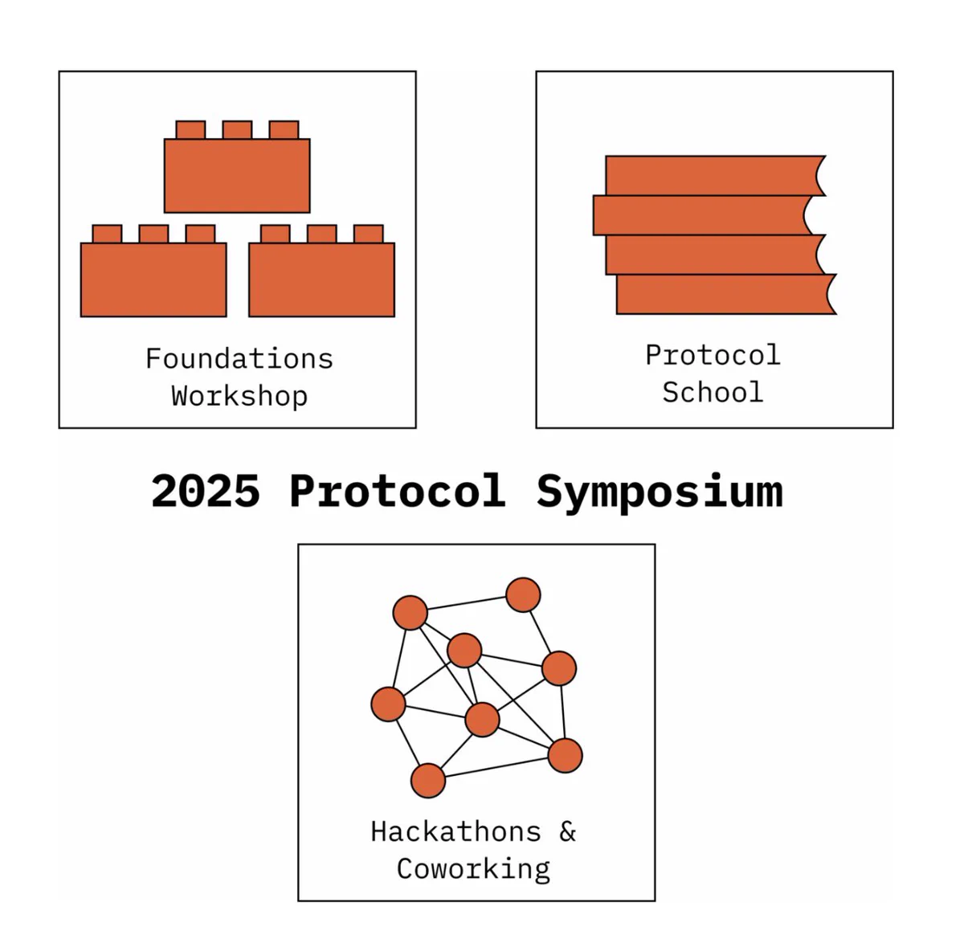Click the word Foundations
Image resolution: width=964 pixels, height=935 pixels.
239,359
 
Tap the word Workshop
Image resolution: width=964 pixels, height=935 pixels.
239,397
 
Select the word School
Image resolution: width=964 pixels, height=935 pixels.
713,393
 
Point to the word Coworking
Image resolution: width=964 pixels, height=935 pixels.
474,870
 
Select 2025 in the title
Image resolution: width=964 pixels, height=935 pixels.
205,491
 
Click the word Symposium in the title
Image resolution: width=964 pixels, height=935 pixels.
660,493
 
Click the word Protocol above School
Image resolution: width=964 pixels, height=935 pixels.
713,355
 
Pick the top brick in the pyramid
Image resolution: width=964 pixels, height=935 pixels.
237,167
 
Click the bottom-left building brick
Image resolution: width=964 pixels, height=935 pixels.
153,271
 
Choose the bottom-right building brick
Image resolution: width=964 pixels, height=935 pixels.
322,271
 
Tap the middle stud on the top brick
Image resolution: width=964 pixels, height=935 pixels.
237,130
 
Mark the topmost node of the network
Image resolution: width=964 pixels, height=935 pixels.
523,594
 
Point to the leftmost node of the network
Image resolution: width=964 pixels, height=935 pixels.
388,704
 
